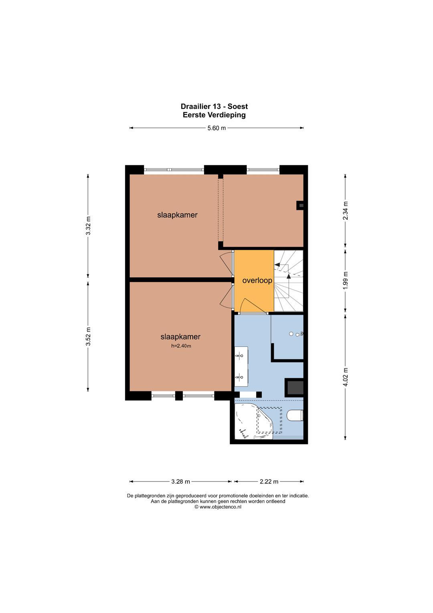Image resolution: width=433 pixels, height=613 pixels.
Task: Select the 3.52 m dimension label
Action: (88, 336)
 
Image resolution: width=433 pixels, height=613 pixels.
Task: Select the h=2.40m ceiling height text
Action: (181, 346)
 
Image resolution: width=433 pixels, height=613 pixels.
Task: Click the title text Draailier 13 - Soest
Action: (214, 106)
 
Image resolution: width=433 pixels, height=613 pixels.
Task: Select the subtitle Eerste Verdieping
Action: (214, 115)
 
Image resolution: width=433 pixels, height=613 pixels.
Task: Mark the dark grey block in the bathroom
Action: (294, 387)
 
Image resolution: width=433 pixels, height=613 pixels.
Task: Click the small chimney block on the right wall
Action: (300, 205)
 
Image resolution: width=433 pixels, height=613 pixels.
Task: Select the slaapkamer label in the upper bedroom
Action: (177, 215)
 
